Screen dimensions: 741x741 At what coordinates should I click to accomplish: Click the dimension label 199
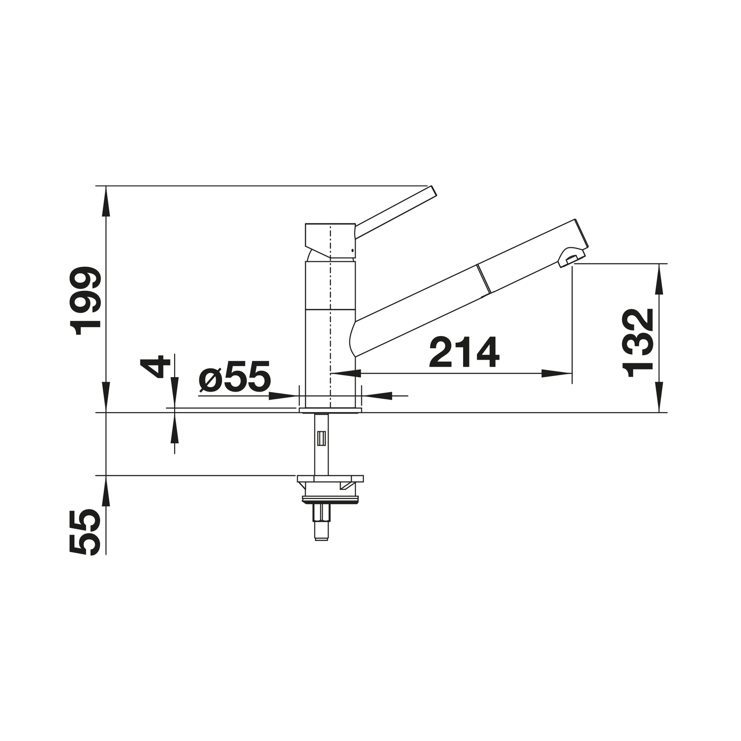85,301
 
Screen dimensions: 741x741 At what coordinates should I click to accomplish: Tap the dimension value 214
464,352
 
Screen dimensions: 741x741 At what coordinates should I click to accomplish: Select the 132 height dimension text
637,343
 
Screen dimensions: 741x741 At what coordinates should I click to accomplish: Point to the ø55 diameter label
234,376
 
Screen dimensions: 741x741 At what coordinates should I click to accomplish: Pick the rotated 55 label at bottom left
85,532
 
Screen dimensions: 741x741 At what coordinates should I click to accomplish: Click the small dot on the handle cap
352,251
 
